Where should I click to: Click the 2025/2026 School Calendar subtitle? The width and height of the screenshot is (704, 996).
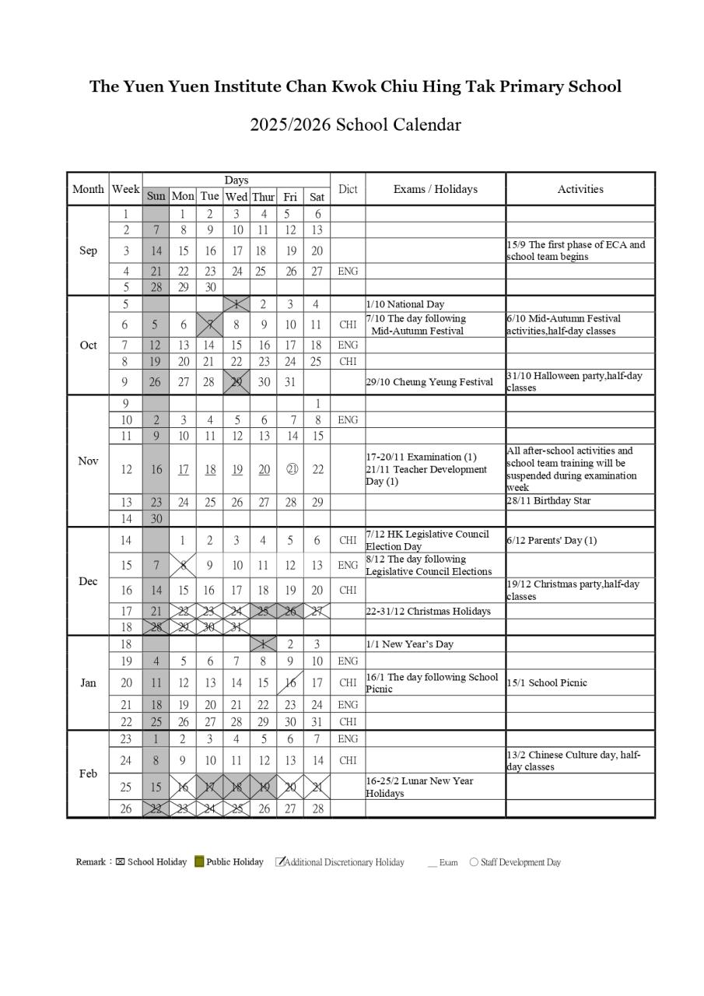click(x=355, y=124)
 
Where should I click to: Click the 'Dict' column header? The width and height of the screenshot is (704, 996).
click(x=348, y=189)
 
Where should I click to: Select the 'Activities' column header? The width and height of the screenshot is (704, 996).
click(x=580, y=189)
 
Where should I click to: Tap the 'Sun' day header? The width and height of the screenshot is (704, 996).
click(x=156, y=196)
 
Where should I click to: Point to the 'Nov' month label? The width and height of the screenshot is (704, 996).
click(x=88, y=461)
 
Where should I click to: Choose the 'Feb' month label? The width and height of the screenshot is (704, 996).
click(x=88, y=773)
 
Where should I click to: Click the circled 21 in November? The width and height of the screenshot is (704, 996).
click(x=290, y=469)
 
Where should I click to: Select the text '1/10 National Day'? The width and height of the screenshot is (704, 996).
click(x=405, y=304)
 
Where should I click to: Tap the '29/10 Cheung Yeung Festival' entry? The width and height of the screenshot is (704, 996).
click(x=429, y=382)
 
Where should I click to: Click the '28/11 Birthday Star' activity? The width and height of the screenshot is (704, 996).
click(x=548, y=501)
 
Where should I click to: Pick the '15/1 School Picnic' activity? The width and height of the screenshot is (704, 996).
click(x=547, y=683)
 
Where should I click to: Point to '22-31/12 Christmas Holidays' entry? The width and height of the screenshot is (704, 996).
click(x=429, y=612)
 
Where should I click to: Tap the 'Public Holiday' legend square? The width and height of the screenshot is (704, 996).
click(x=199, y=861)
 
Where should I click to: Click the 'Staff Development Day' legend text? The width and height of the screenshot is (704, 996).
click(x=520, y=862)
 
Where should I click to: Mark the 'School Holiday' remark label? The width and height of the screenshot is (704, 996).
click(x=157, y=862)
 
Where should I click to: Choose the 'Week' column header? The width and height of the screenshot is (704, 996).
click(x=125, y=189)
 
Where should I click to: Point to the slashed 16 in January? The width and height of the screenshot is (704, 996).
click(x=289, y=683)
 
